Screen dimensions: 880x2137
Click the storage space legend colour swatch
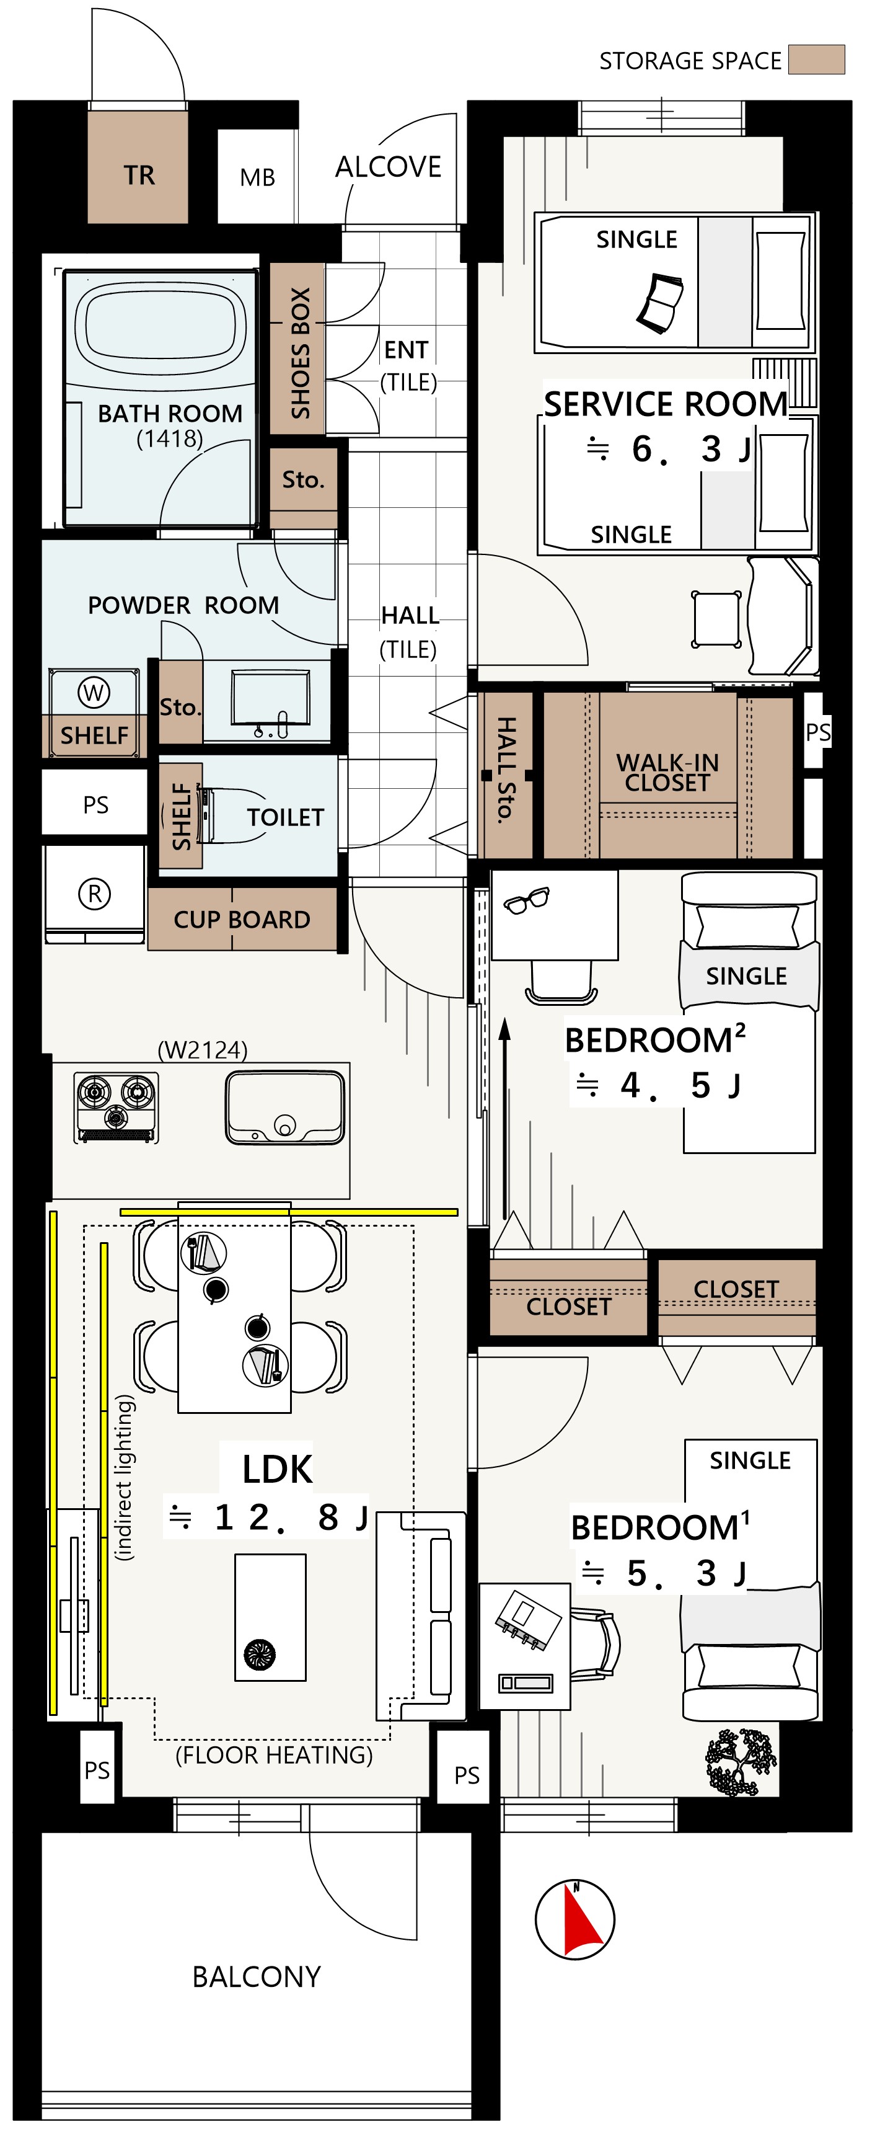(816, 60)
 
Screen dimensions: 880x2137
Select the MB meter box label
(257, 177)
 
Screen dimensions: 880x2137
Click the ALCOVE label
(388, 167)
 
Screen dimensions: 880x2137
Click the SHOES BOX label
(300, 353)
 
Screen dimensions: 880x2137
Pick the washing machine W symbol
(94, 692)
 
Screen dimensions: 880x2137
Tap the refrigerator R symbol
(95, 894)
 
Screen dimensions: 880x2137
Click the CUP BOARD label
(242, 919)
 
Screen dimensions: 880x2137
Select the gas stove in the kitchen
(116, 1108)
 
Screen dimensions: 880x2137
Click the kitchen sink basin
(284, 1108)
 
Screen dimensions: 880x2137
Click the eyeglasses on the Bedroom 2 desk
(527, 900)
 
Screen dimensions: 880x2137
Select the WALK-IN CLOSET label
(667, 772)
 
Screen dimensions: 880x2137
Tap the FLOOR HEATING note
(274, 1754)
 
